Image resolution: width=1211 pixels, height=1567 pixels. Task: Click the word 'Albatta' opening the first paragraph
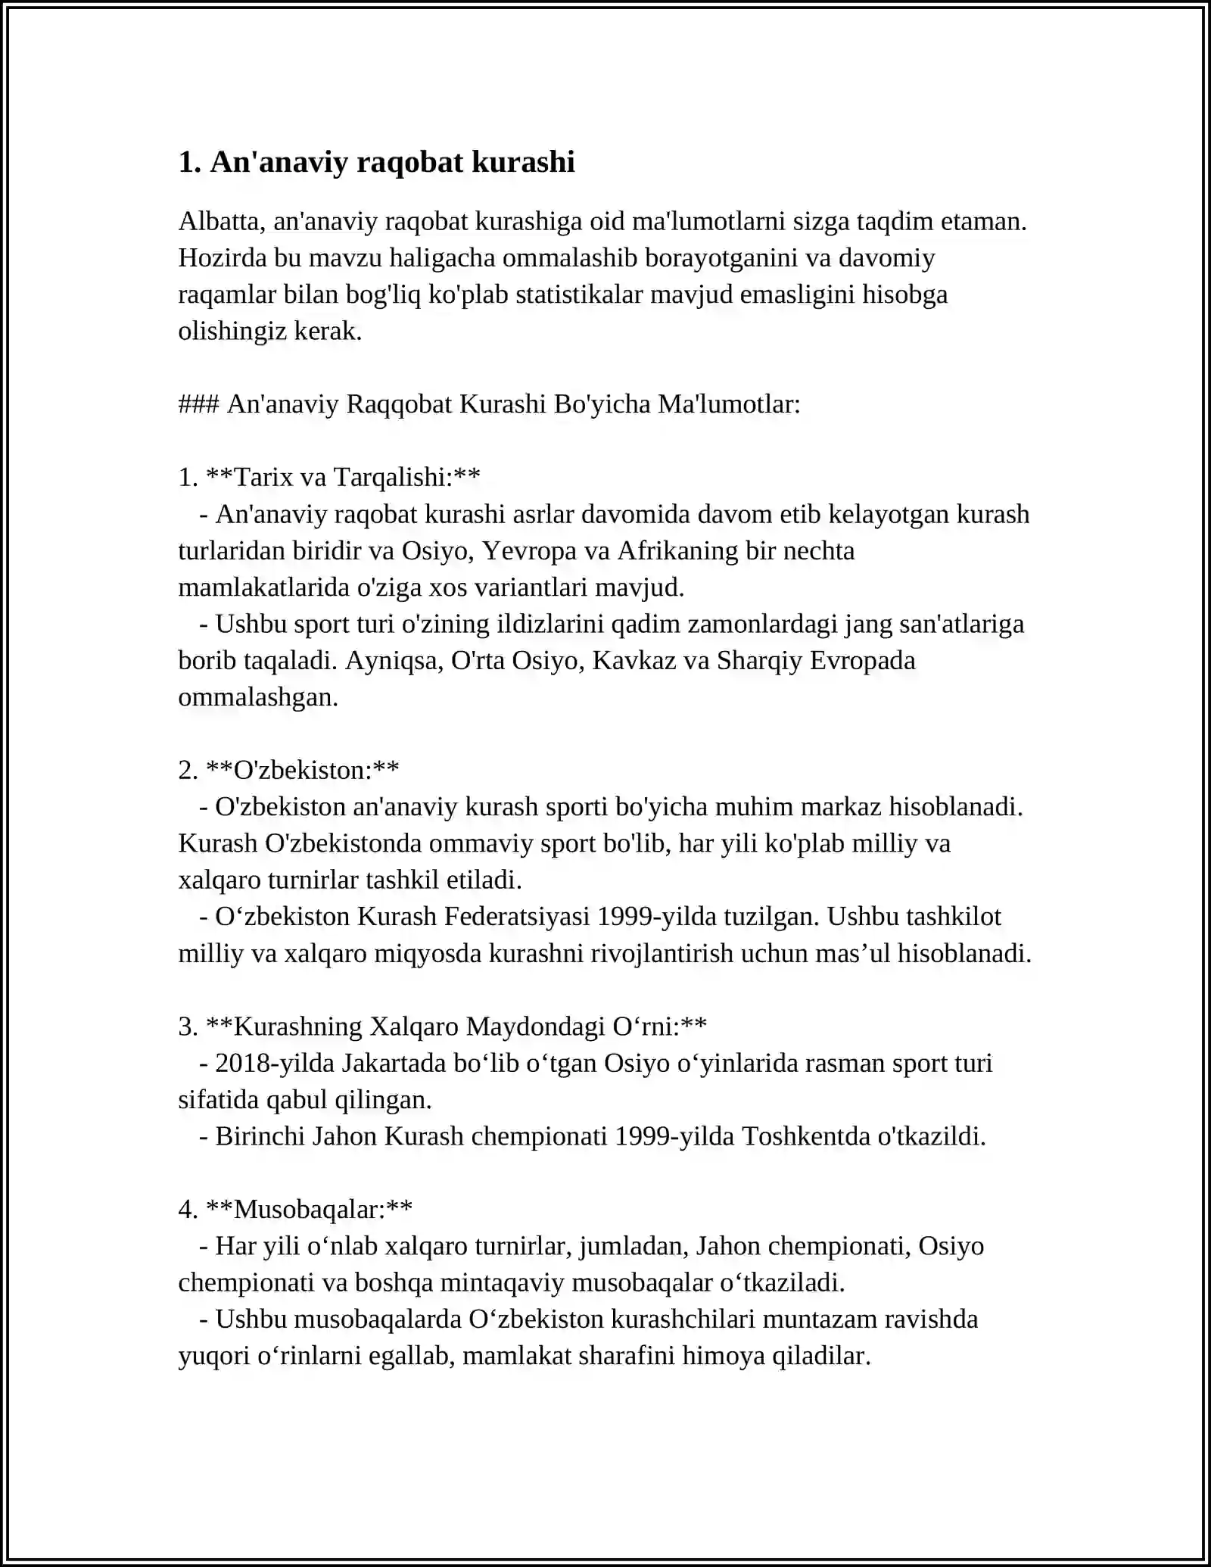tap(220, 221)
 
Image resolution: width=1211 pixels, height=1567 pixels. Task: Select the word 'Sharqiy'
tap(759, 660)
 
